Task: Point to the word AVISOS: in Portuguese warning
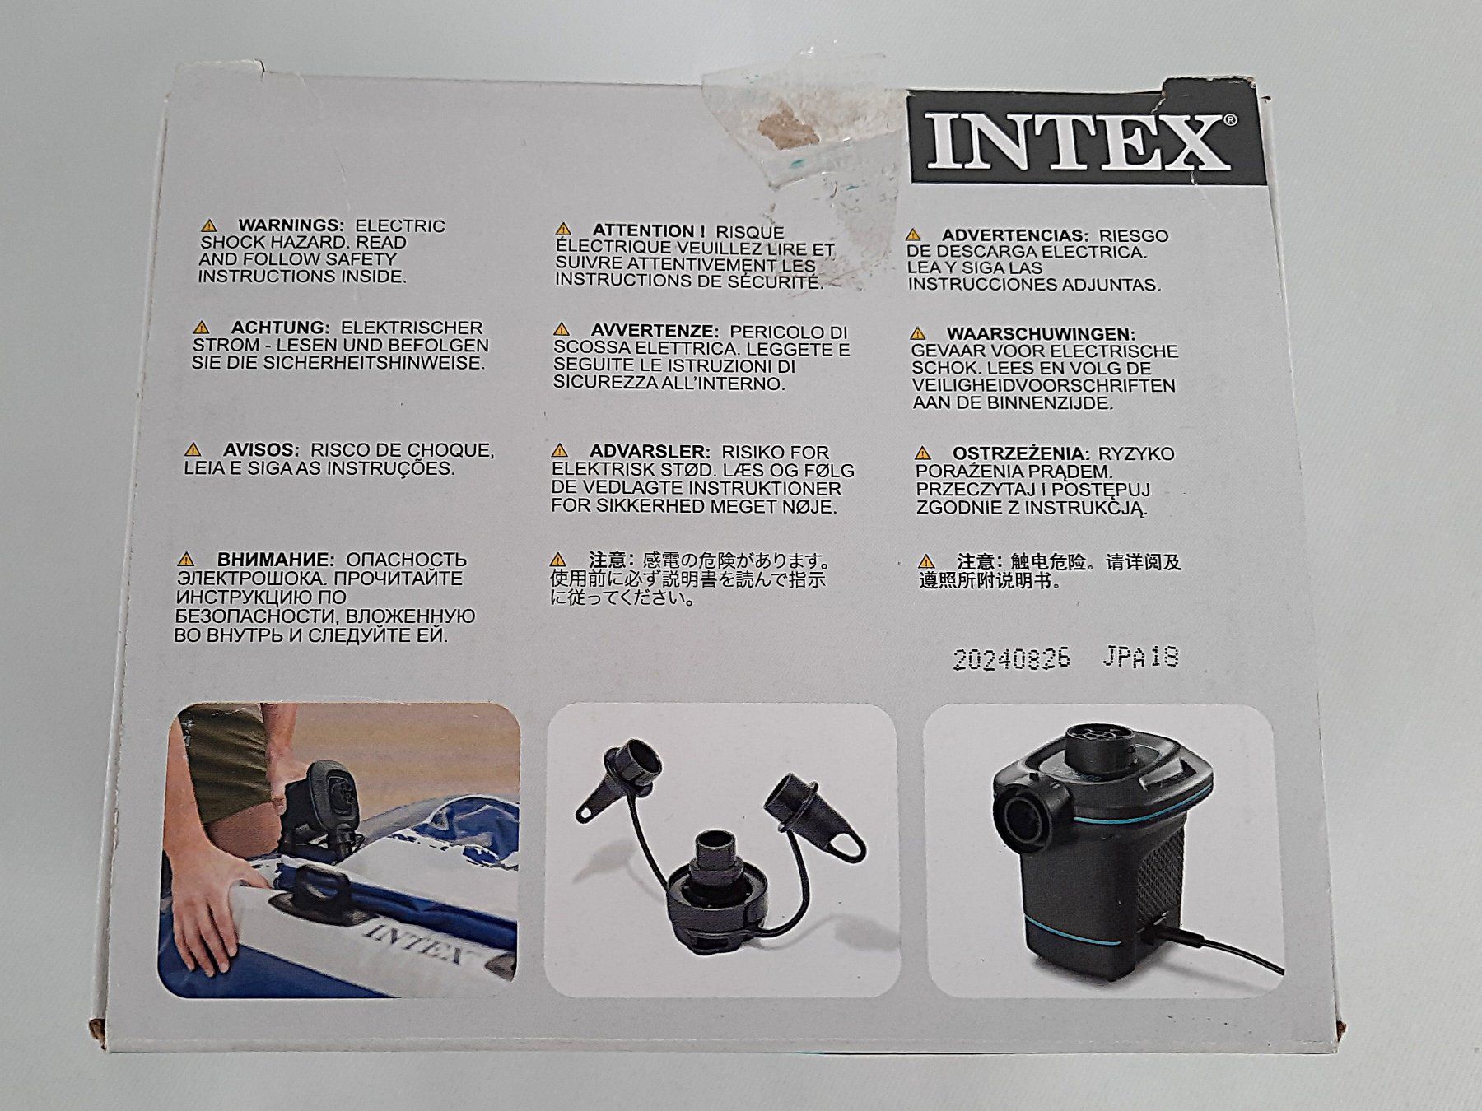[261, 450]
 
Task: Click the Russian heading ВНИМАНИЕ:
[276, 560]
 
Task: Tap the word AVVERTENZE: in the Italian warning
[655, 331]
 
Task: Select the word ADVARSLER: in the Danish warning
[650, 452]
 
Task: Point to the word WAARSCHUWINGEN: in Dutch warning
[1041, 334]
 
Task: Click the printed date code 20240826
[1012, 659]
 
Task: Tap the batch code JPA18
[1140, 657]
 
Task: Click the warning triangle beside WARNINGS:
[209, 225]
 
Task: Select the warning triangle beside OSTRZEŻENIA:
[923, 453]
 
